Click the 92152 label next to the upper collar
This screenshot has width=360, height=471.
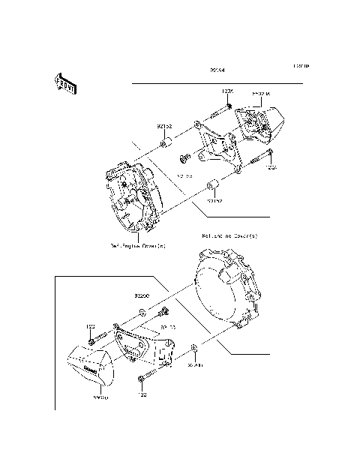coord(166,127)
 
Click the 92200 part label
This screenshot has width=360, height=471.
coord(142,296)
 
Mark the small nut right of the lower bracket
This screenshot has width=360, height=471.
coord(195,348)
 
